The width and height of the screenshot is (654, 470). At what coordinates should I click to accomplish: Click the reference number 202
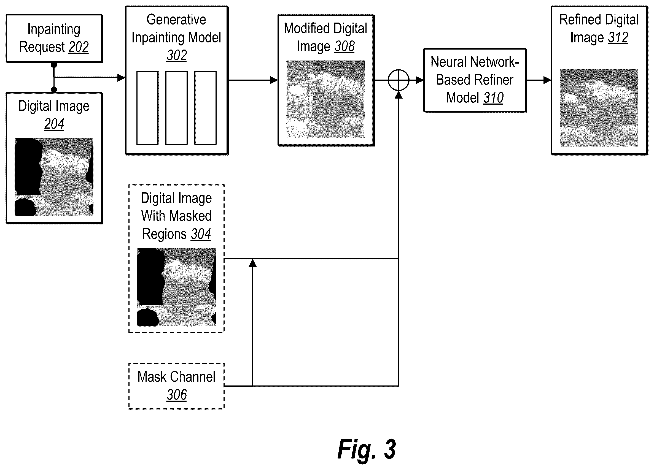click(x=79, y=47)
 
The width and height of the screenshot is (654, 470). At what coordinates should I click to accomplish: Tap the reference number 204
click(x=54, y=124)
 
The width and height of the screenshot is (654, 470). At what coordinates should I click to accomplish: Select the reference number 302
click(x=177, y=55)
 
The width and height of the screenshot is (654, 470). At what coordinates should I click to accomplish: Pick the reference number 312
click(x=618, y=37)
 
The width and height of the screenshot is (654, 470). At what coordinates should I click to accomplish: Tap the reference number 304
click(x=201, y=234)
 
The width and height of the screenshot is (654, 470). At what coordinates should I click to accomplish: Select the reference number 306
click(x=177, y=395)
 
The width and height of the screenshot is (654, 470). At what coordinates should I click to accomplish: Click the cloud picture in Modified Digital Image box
click(x=325, y=99)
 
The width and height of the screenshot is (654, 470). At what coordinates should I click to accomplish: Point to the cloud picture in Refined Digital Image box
click(x=599, y=108)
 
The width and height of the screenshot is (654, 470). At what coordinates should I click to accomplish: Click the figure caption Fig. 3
click(x=367, y=449)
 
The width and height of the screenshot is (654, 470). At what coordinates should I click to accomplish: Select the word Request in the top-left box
click(x=42, y=47)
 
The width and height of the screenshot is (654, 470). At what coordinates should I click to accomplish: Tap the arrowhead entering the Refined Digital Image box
click(x=547, y=80)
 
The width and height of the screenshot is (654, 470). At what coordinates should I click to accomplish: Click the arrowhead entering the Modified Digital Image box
click(x=274, y=80)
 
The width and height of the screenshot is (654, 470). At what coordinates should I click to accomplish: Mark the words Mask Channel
click(x=176, y=377)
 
